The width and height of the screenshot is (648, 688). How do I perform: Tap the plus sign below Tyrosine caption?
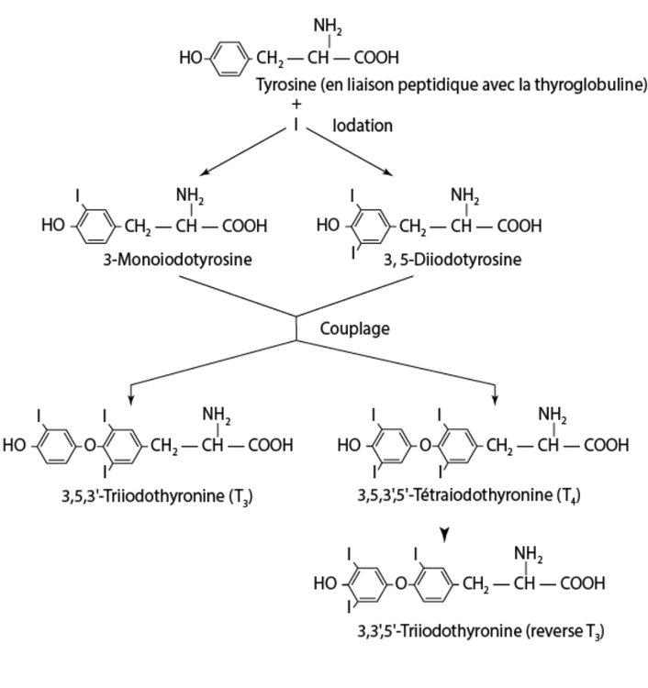296,104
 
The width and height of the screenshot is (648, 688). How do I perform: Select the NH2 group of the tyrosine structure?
327,28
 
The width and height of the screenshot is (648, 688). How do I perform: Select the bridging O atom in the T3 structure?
88,447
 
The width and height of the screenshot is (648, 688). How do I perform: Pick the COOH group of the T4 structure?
606,447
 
